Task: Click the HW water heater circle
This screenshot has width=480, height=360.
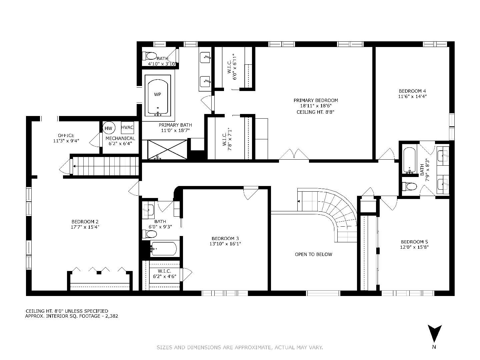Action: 108,128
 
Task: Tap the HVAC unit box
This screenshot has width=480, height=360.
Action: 127,127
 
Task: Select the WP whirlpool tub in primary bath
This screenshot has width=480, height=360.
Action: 158,97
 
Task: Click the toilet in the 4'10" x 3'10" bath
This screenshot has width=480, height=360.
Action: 149,56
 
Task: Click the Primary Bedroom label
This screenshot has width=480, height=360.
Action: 316,100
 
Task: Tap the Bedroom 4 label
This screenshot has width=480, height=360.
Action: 412,91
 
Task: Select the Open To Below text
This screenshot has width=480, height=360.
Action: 313,254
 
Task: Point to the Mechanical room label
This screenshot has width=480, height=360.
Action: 120,138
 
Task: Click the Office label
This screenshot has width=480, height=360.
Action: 66,135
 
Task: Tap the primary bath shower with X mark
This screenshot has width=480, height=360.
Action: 167,150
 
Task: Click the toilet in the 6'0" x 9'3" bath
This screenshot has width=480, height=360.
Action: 149,234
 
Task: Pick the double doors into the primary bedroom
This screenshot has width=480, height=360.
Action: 294,154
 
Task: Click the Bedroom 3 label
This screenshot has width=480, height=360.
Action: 225,238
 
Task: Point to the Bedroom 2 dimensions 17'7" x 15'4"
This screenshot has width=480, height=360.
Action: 85,227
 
